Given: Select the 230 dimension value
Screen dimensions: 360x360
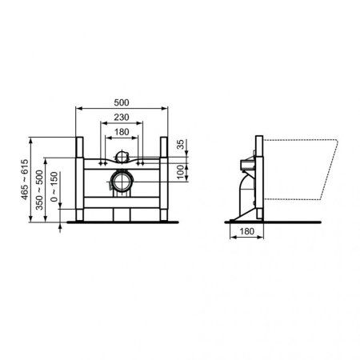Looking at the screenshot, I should click(122, 118).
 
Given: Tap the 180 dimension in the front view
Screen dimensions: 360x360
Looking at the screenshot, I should click(122, 132).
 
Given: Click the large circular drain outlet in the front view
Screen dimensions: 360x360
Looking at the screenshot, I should click(122, 182).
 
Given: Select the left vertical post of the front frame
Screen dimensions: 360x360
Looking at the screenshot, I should click(80, 176).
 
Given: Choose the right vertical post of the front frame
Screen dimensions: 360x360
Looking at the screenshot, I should click(164, 176).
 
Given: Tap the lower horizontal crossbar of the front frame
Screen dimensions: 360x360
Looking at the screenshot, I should click(122, 206).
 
